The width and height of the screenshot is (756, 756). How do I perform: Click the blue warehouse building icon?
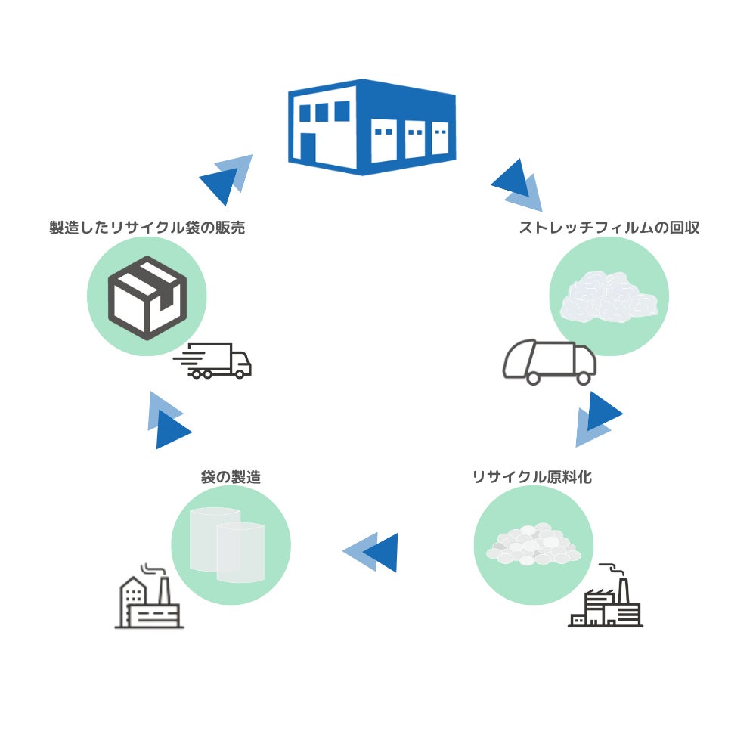coord(372,126)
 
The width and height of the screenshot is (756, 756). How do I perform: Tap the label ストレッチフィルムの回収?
coord(609,228)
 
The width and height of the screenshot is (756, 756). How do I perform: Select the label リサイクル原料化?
coord(531,477)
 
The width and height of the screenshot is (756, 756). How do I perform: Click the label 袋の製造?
coord(231,477)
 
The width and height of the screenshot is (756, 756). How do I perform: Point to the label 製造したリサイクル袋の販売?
coord(147,228)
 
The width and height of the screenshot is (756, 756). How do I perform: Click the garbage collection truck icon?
coord(550,361)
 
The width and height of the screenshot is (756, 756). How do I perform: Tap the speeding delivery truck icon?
coord(214,361)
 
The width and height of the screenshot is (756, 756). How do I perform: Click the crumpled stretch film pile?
coord(609,299)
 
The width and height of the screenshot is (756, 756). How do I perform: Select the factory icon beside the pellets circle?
coord(606,601)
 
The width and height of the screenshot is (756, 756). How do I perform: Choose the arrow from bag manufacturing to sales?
coord(168,421)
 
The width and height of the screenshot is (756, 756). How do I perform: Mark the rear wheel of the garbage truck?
coord(583,377)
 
